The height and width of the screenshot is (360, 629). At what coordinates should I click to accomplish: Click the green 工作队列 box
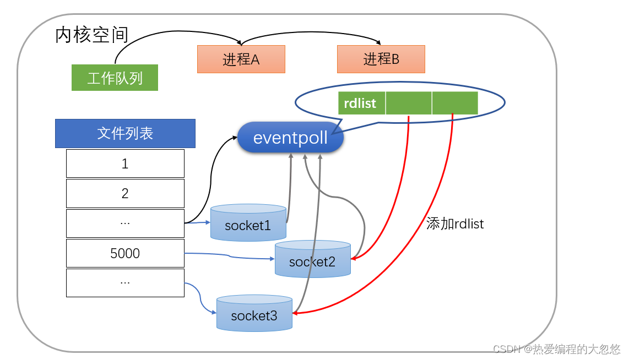tap(115, 78)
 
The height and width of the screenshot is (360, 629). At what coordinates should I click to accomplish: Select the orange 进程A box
tap(241, 59)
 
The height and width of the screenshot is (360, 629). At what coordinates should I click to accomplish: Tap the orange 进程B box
tap(381, 59)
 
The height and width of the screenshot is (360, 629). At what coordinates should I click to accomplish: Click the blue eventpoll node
tap(290, 138)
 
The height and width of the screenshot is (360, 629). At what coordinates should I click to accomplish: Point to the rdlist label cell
tap(361, 103)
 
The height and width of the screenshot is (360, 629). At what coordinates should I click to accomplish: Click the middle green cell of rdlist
tap(409, 103)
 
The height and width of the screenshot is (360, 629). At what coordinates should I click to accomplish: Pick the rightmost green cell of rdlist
tap(455, 103)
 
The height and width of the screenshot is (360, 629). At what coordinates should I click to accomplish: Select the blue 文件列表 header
tap(125, 133)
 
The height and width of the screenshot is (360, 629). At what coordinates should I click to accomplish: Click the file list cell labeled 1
tap(125, 163)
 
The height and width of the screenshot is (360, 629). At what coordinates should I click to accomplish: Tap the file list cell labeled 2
tap(125, 193)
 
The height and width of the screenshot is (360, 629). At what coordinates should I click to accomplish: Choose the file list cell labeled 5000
tap(125, 253)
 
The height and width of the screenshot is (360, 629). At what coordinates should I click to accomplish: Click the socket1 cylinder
tap(248, 223)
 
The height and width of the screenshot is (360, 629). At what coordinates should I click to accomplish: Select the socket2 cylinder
tap(312, 260)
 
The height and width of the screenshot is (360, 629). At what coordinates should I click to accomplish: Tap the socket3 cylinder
tap(254, 314)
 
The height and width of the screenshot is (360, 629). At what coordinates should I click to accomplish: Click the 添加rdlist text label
tap(455, 224)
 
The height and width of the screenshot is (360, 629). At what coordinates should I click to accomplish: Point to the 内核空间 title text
tap(92, 35)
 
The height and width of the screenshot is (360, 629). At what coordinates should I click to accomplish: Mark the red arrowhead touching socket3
tap(295, 313)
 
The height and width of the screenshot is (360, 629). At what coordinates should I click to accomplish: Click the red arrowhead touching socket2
tap(354, 258)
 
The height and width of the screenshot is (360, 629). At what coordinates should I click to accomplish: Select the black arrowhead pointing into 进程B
tap(378, 42)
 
